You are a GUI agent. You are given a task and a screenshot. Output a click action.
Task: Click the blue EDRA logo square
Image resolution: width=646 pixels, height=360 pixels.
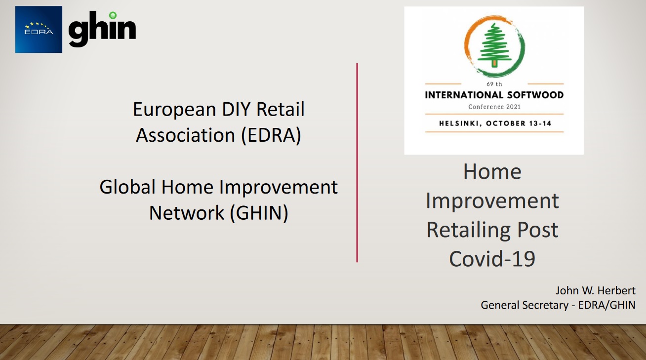pos(39,30)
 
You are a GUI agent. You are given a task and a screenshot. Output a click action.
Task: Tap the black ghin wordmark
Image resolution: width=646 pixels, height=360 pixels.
pos(102,29)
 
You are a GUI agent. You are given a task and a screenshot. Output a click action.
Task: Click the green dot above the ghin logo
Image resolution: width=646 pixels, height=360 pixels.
pos(113,15)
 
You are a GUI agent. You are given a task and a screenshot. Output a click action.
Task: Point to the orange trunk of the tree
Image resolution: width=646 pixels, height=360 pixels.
pos(494,63)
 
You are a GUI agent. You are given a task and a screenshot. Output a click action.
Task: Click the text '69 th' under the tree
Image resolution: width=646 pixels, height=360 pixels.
pos(494,84)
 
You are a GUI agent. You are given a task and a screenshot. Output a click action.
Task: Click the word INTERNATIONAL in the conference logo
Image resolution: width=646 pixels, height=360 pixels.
pos(464,95)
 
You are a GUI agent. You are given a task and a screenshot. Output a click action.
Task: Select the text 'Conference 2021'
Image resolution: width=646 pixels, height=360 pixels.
pos(494,107)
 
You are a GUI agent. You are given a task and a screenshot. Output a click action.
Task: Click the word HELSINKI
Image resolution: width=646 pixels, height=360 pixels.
pos(460,123)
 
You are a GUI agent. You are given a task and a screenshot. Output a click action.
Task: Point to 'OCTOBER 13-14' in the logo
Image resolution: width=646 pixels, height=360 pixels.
pos(519,123)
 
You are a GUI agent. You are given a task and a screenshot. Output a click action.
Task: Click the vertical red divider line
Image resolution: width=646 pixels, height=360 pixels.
pos(357,162)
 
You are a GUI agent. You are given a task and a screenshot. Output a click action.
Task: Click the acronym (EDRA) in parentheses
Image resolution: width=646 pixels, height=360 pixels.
pos(271,135)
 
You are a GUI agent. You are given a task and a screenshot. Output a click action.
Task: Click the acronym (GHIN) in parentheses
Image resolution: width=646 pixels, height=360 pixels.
pos(259,213)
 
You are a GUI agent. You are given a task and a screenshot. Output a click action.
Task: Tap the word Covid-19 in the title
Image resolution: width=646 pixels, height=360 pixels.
pos(492,258)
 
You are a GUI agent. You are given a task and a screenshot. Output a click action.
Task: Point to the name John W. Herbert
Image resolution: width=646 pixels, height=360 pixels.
pos(596,290)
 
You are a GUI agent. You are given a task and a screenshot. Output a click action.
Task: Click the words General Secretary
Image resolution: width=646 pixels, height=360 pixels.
pos(525,305)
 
